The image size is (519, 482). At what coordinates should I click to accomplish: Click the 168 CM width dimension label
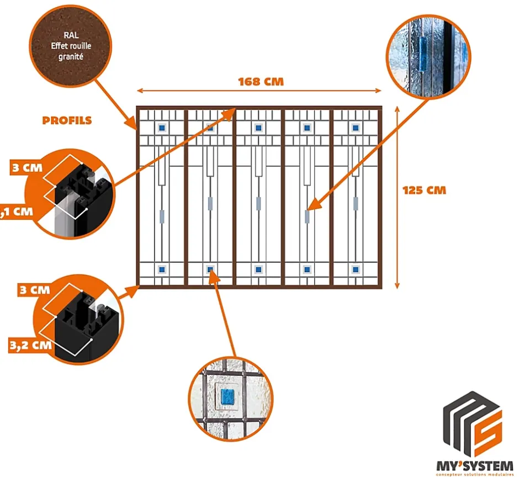tap(261, 82)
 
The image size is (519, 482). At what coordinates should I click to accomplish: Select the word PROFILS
tap(67, 120)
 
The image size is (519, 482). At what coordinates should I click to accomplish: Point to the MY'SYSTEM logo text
tap(474, 465)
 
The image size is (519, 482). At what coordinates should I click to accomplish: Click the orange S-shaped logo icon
tap(488, 433)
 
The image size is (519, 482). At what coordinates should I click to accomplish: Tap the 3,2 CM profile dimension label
tap(30, 346)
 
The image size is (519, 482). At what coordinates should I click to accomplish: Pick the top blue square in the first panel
tap(162, 128)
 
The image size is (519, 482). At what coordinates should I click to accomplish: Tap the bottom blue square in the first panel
tap(162, 269)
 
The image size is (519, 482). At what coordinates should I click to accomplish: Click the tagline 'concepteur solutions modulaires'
tap(474, 474)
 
